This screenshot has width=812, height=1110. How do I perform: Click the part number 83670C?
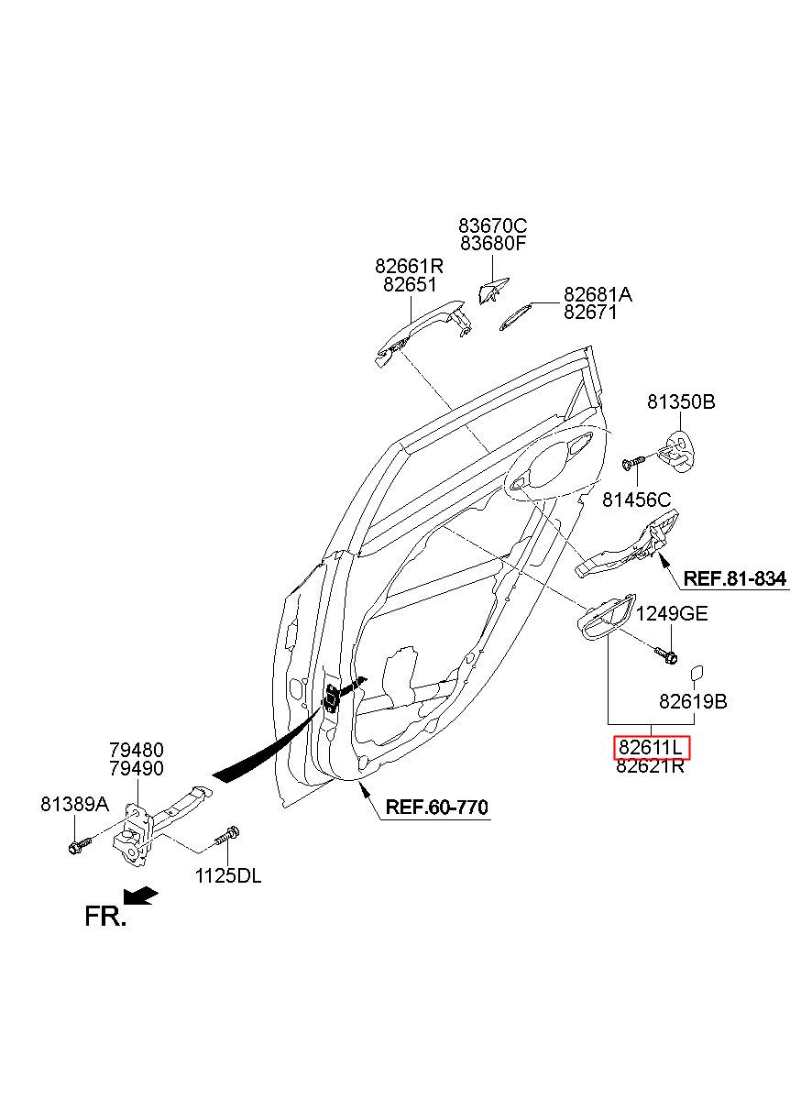(492, 225)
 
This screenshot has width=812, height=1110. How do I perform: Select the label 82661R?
(410, 267)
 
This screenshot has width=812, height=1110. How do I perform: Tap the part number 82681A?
(598, 295)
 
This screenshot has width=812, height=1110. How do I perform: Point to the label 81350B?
(681, 401)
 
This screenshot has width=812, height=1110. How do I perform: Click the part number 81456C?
(637, 500)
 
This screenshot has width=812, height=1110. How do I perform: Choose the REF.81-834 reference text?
(735, 577)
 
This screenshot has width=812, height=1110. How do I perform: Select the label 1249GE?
(671, 613)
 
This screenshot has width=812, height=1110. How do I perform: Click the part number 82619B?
(693, 701)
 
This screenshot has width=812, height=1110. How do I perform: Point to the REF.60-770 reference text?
(436, 807)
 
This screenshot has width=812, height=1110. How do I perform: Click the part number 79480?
(137, 750)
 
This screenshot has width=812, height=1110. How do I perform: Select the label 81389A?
(75, 804)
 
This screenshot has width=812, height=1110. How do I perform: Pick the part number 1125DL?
(228, 876)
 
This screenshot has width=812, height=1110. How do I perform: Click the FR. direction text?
(105, 917)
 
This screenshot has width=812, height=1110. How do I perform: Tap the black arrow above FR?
(140, 896)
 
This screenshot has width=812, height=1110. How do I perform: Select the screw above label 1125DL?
(227, 836)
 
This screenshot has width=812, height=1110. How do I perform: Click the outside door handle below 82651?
(422, 332)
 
